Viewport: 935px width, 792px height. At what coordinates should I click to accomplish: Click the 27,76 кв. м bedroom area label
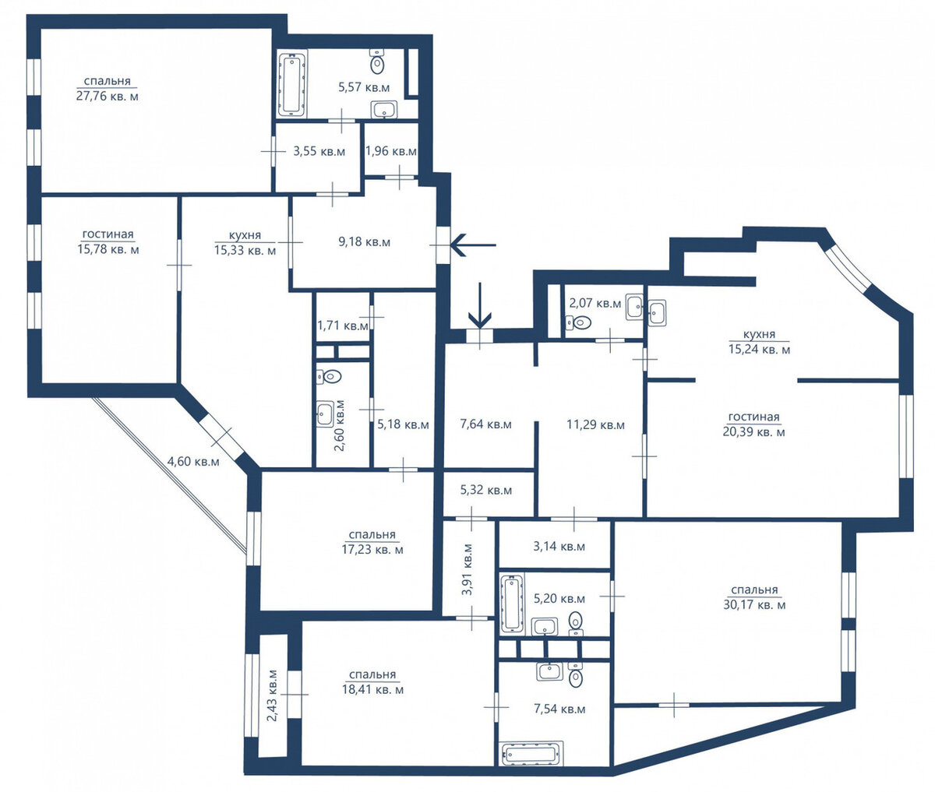pos(108,97)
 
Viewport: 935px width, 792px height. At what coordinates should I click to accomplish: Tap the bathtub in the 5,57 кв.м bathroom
pos(291,83)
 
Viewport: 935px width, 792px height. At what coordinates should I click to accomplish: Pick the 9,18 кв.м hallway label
pos(364,242)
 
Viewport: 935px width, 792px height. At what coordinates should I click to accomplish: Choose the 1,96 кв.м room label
pos(391,151)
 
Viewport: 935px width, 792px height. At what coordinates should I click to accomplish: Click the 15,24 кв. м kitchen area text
pos(760,350)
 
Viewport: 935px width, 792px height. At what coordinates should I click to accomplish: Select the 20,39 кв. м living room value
pos(754,431)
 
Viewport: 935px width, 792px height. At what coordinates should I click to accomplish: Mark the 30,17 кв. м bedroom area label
pos(754,605)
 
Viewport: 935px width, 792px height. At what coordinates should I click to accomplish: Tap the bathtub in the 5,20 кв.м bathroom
pos(512,604)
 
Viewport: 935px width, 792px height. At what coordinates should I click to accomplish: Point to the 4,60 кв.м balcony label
pos(193,462)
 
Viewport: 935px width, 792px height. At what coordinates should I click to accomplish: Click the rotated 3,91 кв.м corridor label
pos(467,569)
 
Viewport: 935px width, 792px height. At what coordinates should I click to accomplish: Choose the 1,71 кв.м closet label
pos(343,325)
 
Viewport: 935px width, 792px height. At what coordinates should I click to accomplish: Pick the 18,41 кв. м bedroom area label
pos(372,690)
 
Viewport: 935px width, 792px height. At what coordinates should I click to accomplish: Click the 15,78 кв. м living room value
pos(108,249)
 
